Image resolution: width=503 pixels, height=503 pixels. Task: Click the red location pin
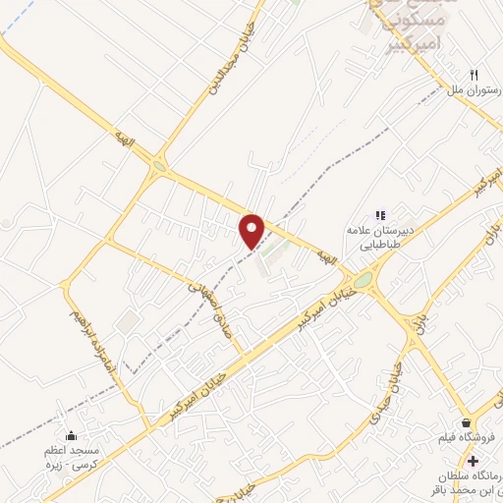pos(253,230)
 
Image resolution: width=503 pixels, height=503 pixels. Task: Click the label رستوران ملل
pos(469,90)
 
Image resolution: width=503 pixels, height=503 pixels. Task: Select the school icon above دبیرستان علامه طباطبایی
pos(380,215)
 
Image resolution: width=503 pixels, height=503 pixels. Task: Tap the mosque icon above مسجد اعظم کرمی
pos(70,436)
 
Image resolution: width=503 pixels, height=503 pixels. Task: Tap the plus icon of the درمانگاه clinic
pos(474,461)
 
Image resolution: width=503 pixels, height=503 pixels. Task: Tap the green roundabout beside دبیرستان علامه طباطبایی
pos(364,282)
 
